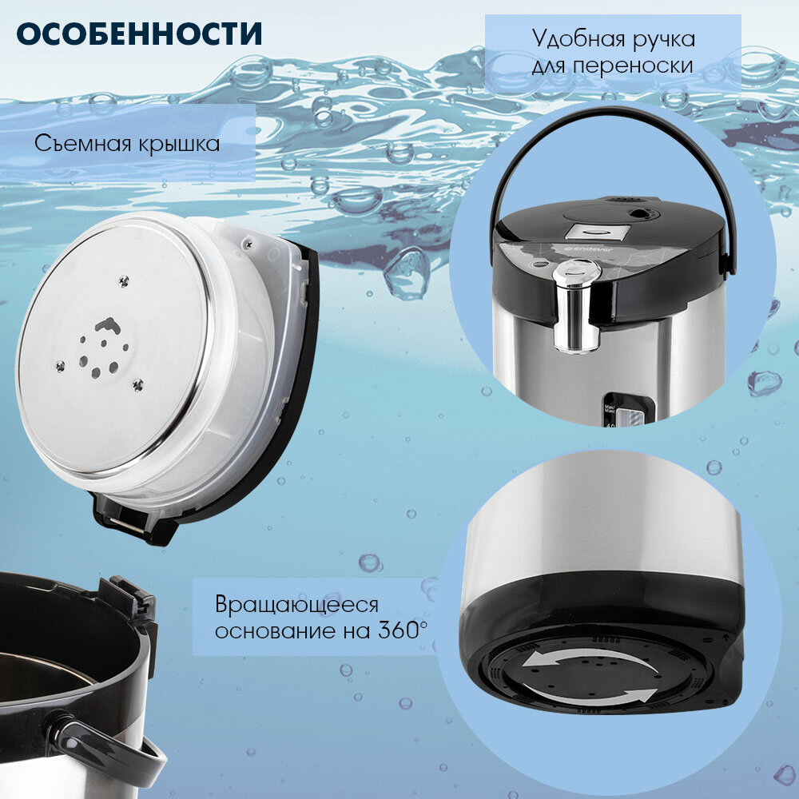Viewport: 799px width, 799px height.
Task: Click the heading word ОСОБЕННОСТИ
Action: (139, 34)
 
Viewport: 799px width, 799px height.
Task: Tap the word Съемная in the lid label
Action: (81, 143)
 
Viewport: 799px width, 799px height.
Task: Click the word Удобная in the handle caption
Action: (579, 38)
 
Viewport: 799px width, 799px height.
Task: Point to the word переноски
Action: (632, 66)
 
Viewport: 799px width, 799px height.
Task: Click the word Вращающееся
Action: (296, 606)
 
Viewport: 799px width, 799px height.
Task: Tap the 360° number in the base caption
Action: (403, 630)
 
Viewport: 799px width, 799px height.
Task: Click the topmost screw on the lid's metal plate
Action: (124, 280)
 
